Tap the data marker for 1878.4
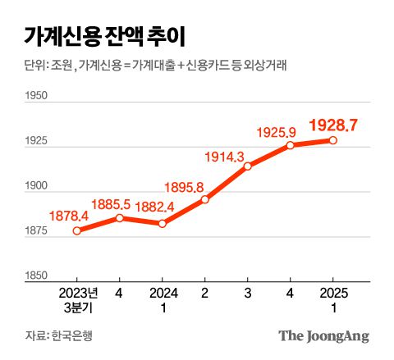pyautogui.click(x=77, y=230)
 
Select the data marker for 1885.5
pyautogui.click(x=120, y=217)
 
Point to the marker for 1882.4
pyautogui.click(x=163, y=223)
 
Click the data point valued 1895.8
pyautogui.click(x=205, y=199)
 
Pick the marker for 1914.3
pyautogui.click(x=248, y=166)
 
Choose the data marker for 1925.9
pyautogui.click(x=291, y=145)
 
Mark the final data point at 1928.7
pyautogui.click(x=333, y=140)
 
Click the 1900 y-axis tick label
pyautogui.click(x=37, y=187)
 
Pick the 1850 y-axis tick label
pyautogui.click(x=37, y=276)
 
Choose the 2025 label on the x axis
pyautogui.click(x=333, y=292)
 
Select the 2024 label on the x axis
pyautogui.click(x=163, y=292)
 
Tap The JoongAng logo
pyautogui.click(x=323, y=335)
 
